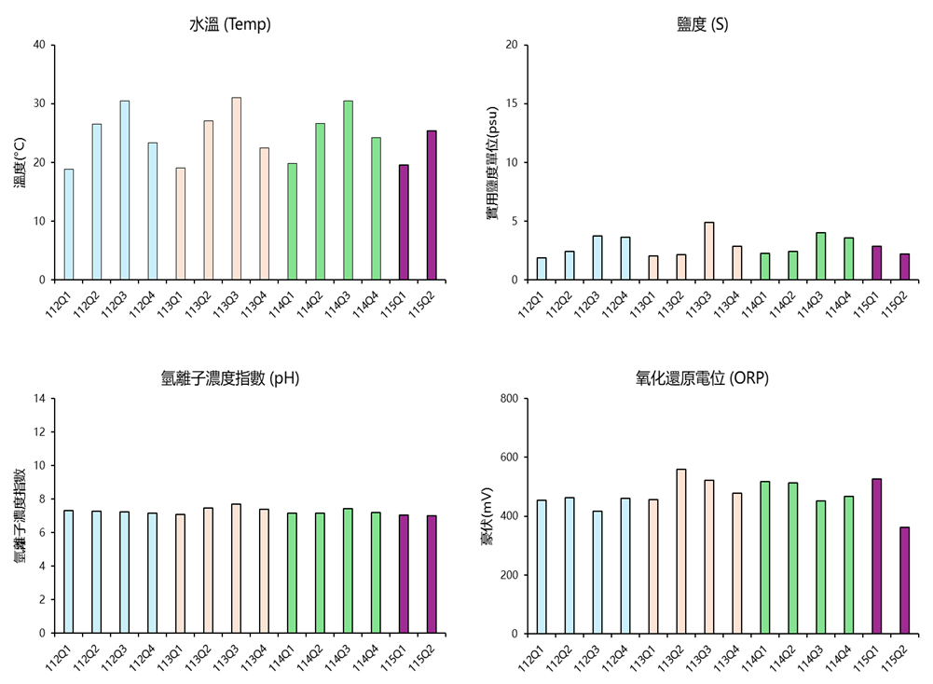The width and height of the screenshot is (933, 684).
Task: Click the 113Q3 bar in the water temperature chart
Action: pyautogui.click(x=236, y=188)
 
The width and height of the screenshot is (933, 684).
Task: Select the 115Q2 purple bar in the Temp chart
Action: pyautogui.click(x=432, y=205)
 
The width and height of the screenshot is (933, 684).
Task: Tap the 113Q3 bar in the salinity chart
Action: pyautogui.click(x=709, y=251)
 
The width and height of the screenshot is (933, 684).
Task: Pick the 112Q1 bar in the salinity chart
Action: pyautogui.click(x=542, y=268)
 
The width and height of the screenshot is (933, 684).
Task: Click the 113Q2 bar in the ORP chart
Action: pyautogui.click(x=681, y=552)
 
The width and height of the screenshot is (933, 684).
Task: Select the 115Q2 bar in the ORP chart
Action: pyautogui.click(x=904, y=581)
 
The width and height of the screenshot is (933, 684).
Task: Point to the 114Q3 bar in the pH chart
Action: pyautogui.click(x=348, y=571)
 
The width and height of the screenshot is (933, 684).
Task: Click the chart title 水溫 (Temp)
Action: pyautogui.click(x=230, y=24)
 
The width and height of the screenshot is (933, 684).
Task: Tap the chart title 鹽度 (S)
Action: pyautogui.click(x=703, y=24)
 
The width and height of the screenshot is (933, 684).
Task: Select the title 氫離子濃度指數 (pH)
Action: pyautogui.click(x=230, y=378)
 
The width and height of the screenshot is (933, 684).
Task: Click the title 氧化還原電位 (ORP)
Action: pyautogui.click(x=702, y=378)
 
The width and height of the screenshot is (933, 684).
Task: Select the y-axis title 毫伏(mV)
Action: pyautogui.click(x=487, y=516)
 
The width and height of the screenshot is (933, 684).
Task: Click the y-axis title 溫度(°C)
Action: pyautogui.click(x=21, y=162)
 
